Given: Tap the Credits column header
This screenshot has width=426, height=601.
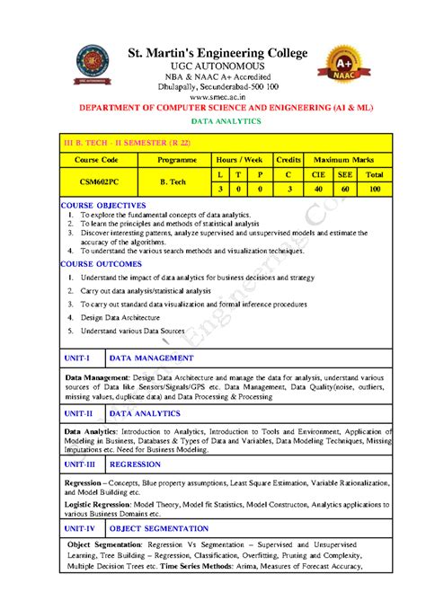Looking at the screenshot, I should click(x=288, y=159).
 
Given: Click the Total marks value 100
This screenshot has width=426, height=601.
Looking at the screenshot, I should click(x=374, y=190).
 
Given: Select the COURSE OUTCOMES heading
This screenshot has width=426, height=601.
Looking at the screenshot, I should click(x=101, y=265).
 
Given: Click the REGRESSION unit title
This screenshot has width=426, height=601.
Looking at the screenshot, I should click(x=136, y=464).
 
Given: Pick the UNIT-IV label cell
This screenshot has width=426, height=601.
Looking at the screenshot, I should click(x=79, y=529).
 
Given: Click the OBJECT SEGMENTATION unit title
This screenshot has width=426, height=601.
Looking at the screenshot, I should click(x=158, y=529).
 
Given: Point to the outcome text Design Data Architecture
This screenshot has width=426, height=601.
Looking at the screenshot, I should click(x=120, y=317).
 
